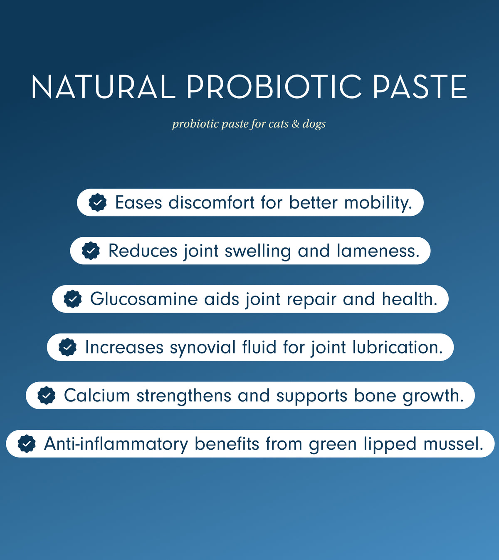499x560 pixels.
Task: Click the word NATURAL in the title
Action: point(103,87)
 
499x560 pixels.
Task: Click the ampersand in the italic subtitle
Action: point(295,124)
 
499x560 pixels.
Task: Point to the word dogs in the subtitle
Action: point(314,124)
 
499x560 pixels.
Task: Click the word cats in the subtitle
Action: point(278,124)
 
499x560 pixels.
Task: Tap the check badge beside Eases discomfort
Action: point(98,203)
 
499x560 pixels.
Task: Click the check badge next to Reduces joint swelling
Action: point(91,251)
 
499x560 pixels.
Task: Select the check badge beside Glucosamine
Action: point(73,299)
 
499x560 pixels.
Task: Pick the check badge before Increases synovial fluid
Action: point(67,347)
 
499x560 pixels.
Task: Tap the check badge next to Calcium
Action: point(47,396)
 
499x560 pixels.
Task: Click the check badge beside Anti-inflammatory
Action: point(27,444)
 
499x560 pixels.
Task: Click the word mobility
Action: point(378,203)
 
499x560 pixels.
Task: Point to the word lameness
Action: point(378,251)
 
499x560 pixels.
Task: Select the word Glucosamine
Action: point(144,299)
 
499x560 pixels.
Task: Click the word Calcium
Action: point(97,396)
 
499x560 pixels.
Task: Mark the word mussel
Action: point(453,444)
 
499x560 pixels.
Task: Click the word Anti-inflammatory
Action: point(116,444)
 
